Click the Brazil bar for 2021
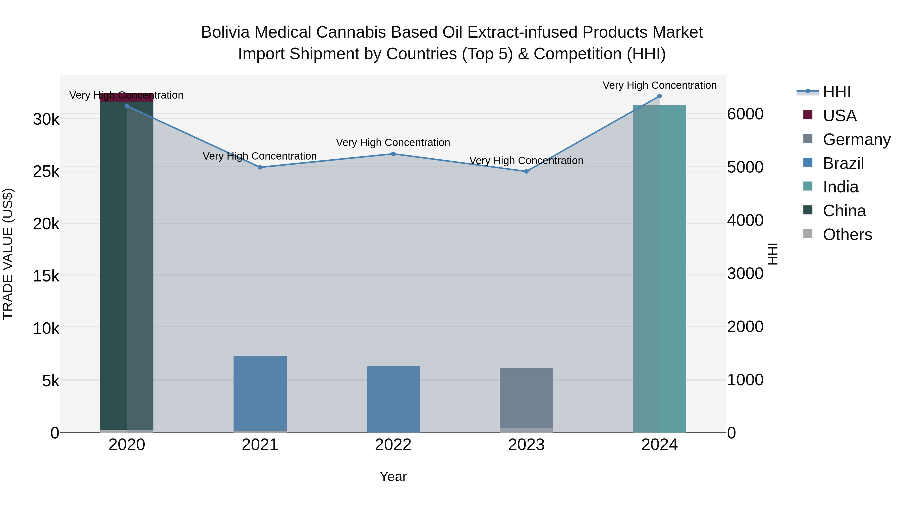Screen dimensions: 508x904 coord(260,393)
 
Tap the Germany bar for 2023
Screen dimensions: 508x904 coord(526,398)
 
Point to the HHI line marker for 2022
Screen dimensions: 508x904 coord(393,154)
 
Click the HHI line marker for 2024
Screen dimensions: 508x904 coord(659,96)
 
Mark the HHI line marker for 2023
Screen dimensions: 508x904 coord(526,171)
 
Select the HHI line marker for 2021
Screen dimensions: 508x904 coord(260,167)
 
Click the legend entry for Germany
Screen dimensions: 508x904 coord(856,139)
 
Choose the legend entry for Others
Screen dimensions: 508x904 coord(847,235)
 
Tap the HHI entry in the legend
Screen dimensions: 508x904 coord(837,92)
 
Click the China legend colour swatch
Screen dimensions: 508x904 coord(808,210)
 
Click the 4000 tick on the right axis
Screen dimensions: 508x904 coord(745,221)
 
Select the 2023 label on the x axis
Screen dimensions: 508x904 coord(526,445)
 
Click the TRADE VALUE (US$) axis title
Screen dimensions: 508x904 coord(8,254)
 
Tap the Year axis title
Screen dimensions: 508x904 coord(393,476)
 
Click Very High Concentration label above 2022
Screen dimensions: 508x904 coord(393,143)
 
